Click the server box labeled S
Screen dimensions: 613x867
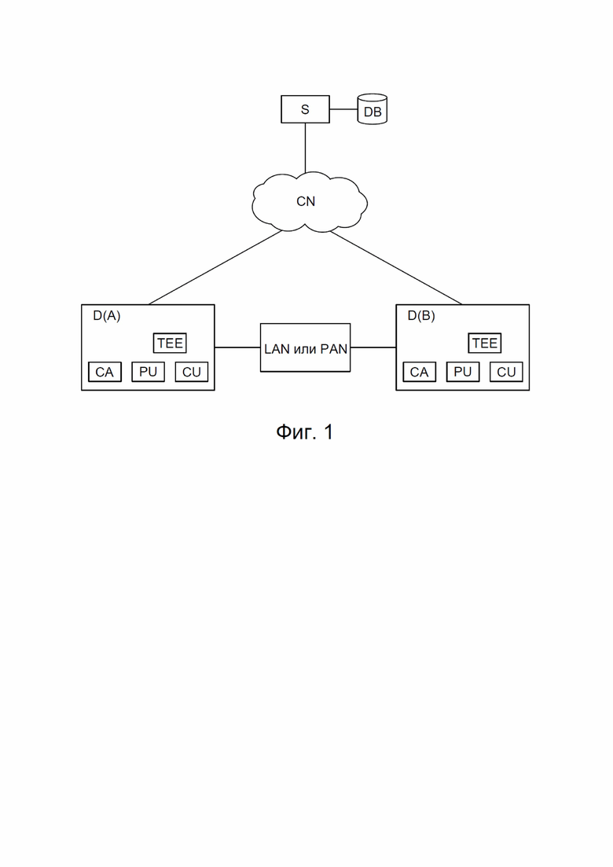[305, 109]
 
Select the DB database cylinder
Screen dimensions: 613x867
[372, 109]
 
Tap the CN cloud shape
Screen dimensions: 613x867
[309, 202]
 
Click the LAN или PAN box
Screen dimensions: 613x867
[305, 347]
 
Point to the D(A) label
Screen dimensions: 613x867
[107, 316]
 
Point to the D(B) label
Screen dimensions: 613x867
[421, 316]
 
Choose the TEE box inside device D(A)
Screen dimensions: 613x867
[170, 343]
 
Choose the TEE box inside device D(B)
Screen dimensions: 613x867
[485, 343]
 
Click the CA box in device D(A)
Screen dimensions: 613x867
[105, 372]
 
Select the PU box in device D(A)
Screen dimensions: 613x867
[148, 372]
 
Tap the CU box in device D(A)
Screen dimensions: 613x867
[191, 372]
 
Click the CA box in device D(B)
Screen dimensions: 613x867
[419, 372]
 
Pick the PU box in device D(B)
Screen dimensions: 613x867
[463, 372]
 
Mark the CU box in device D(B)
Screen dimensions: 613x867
[506, 372]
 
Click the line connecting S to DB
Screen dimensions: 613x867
[343, 109]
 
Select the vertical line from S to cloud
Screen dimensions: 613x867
[305, 148]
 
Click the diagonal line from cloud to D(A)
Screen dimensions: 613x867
[215, 267]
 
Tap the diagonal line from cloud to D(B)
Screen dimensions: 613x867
[396, 267]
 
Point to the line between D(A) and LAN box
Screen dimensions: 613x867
[237, 347]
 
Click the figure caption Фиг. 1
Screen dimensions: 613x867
[305, 432]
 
